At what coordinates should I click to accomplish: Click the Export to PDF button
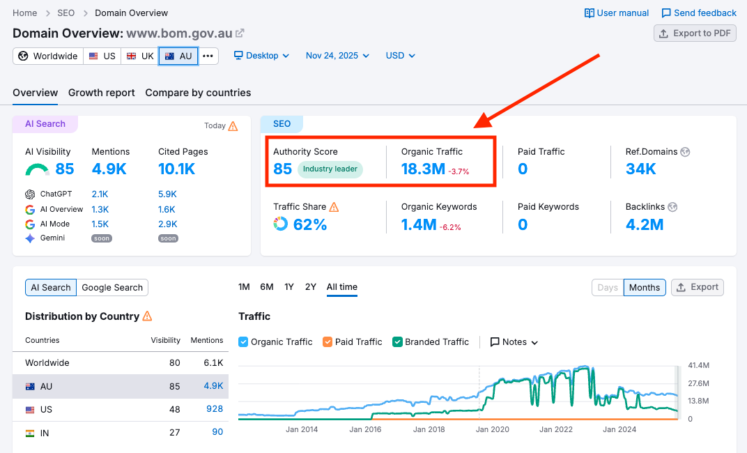coord(695,33)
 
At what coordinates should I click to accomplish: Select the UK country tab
coord(140,56)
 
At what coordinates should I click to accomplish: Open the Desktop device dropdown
coord(261,56)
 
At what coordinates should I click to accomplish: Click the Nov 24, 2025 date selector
coord(337,56)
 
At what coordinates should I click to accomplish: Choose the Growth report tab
coord(102,93)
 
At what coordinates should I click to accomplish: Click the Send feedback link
coord(699,13)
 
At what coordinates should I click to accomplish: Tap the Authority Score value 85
coord(282,169)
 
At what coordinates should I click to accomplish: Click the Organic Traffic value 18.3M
coord(423,169)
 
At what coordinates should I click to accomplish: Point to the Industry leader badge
coord(330,169)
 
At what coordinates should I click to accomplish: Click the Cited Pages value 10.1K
coord(177,169)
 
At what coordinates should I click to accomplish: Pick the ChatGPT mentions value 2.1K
coord(100,194)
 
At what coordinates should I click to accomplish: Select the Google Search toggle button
coord(112,287)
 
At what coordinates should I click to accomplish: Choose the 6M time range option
coord(267,286)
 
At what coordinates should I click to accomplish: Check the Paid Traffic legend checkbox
coord(328,342)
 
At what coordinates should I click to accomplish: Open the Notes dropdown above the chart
coord(514,342)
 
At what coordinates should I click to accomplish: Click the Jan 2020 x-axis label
coord(492,429)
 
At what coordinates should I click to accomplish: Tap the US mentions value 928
coord(215,409)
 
